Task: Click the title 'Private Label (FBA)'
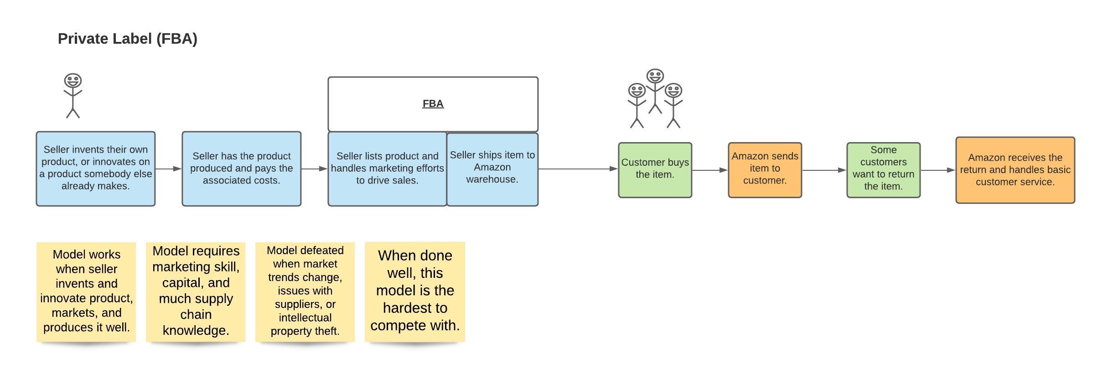[x=127, y=39]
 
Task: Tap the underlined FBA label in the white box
[x=433, y=104]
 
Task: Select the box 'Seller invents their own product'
[x=95, y=169]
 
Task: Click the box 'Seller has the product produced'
[x=241, y=169]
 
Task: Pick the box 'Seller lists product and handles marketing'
[x=387, y=169]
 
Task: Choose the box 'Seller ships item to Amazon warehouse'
[x=492, y=169]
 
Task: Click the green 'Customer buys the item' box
[x=655, y=170]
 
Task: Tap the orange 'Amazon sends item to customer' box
[x=765, y=170]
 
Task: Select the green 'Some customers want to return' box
[x=883, y=170]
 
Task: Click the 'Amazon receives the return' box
[x=1015, y=170]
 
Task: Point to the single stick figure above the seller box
[x=73, y=96]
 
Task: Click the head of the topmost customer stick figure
[x=655, y=76]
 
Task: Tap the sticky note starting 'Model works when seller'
[x=86, y=291]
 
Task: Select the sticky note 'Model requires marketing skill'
[x=196, y=291]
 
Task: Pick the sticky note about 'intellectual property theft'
[x=305, y=291]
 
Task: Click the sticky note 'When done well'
[x=414, y=291]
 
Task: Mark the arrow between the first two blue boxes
[x=168, y=169]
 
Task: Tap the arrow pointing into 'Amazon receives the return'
[x=938, y=170]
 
